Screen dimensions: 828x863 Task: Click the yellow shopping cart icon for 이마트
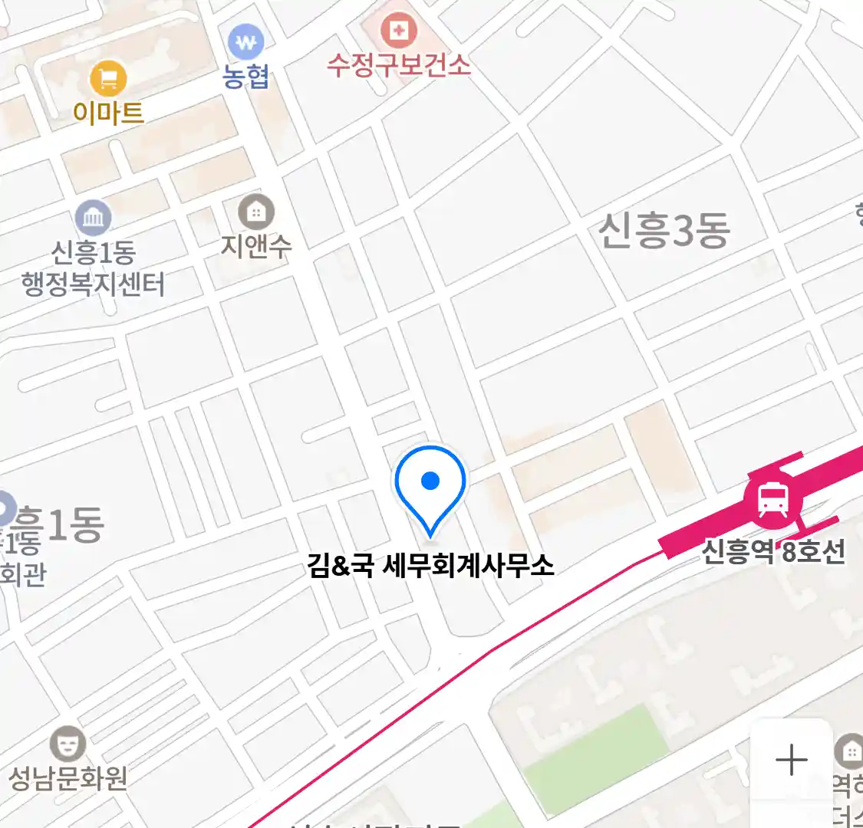click(108, 78)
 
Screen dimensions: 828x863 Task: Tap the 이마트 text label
click(108, 113)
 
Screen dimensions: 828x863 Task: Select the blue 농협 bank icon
click(245, 43)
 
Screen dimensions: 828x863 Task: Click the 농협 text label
click(245, 77)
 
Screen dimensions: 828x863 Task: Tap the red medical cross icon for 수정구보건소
click(399, 31)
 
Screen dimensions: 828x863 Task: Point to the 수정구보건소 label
click(399, 64)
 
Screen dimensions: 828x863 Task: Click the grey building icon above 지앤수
click(256, 211)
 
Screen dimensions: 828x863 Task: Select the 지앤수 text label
click(256, 245)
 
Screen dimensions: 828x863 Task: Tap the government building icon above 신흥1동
click(94, 219)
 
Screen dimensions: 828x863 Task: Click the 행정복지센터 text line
click(94, 284)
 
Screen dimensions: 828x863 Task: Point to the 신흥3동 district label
click(664, 230)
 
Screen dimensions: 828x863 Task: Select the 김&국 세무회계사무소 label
click(430, 566)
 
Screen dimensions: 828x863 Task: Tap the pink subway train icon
click(772, 501)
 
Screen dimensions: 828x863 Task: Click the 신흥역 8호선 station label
click(773, 550)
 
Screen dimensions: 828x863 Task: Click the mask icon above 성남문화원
click(68, 744)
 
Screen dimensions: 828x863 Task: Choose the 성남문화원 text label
click(68, 778)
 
